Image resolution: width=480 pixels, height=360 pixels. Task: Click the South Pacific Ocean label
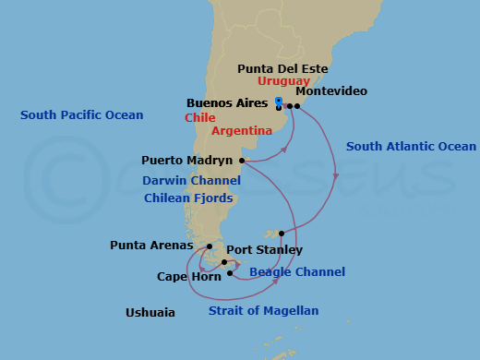coord(82,115)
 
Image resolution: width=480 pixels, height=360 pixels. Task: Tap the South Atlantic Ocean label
coord(411,147)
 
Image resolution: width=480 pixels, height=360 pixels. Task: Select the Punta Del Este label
coord(282,68)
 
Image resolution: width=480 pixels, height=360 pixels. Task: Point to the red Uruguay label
coord(283,81)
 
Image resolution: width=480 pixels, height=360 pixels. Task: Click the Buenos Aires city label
coord(227,103)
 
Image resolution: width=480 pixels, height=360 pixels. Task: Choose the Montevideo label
coord(331,91)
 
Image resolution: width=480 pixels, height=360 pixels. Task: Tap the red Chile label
coord(200,118)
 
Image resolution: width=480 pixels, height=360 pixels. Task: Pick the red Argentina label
coord(242,131)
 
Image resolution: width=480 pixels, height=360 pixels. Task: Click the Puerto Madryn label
coord(189,160)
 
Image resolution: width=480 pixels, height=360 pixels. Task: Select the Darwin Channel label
coord(191,181)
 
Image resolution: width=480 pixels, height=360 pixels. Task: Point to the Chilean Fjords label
coord(192,198)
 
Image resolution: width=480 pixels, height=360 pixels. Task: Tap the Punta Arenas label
coord(151,246)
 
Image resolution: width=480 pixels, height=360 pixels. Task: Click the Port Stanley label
coord(264,250)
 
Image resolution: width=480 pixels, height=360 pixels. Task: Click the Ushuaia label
coord(150,313)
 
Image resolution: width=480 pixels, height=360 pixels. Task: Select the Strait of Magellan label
coord(263,311)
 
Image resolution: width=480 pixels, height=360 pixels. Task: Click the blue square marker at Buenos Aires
coord(278,101)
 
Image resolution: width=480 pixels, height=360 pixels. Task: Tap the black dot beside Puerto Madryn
coord(242,161)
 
